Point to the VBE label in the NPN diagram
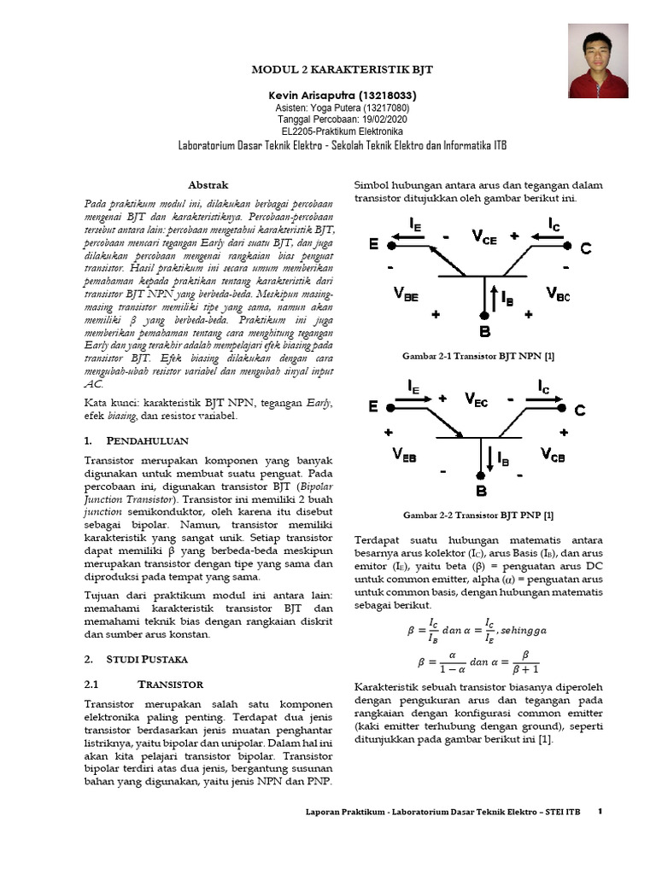406,294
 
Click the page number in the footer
600,811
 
